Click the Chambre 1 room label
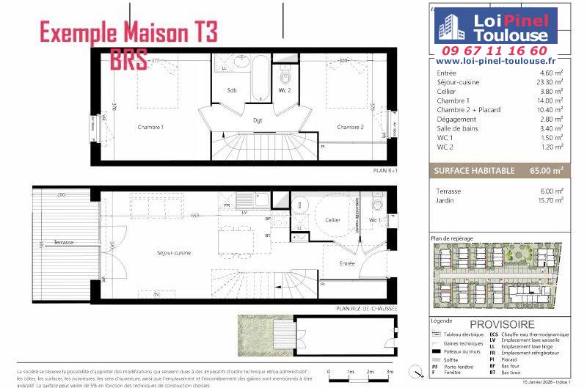coord(152,128)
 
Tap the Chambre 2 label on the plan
coord(350,128)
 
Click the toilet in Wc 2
coord(286,77)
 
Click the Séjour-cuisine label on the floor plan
coord(174,253)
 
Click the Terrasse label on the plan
coord(54,252)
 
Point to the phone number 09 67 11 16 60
coord(505,51)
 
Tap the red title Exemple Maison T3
coord(128,34)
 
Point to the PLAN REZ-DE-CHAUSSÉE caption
coord(367,309)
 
